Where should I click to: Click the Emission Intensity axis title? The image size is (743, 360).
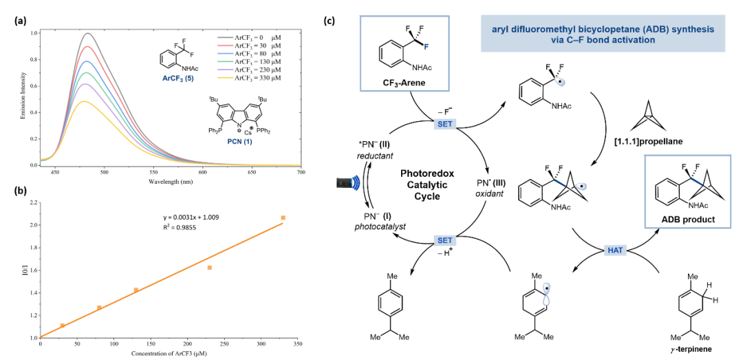pos(24,97)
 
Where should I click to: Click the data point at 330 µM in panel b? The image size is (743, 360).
pos(283,218)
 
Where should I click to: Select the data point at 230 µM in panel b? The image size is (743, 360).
pos(210,267)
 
